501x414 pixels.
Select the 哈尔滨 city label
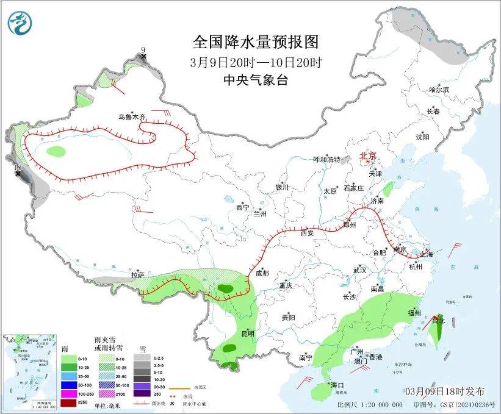pyautogui.click(x=439, y=90)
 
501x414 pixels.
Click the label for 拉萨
pyautogui.click(x=137, y=275)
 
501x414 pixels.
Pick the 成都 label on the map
pyautogui.click(x=262, y=273)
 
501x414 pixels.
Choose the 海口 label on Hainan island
pyautogui.click(x=337, y=385)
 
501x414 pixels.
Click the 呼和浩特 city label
pyautogui.click(x=326, y=159)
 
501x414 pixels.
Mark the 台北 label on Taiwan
pyautogui.click(x=439, y=319)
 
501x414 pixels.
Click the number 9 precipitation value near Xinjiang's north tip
pyautogui.click(x=143, y=49)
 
